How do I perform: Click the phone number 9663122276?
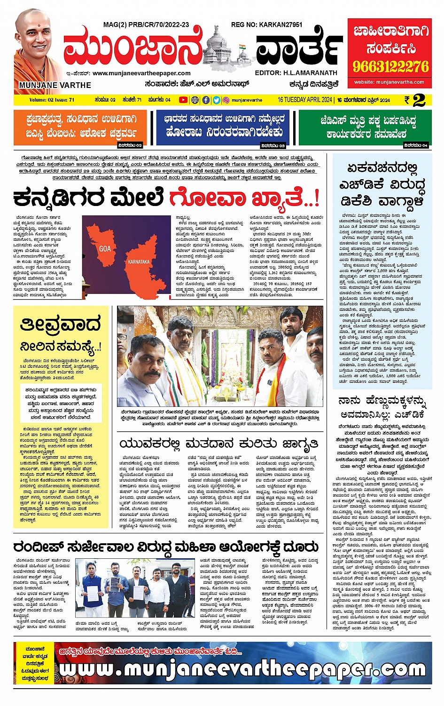coord(391,66)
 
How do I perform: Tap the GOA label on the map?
coord(105,248)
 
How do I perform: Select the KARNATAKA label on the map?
coord(139,262)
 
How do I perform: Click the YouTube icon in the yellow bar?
coord(183,100)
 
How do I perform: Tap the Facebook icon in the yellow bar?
coord(206,100)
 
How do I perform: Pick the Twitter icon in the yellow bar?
coord(216,100)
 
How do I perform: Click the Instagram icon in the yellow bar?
coord(226,100)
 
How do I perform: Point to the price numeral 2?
coord(419,100)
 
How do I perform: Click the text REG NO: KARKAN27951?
coord(266,24)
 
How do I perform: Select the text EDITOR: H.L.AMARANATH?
coord(296,73)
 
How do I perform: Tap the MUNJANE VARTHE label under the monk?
coord(55,85)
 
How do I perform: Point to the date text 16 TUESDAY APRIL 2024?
coord(304,100)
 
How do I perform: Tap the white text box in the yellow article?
coord(61,403)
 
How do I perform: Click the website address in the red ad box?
coord(389,82)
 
